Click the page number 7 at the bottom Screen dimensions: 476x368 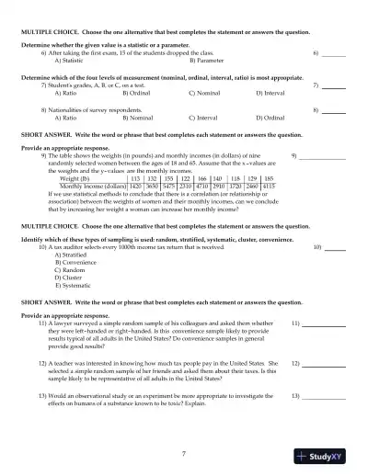tap(183, 453)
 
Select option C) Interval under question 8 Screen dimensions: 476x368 tap(204, 118)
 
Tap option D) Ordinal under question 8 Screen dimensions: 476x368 tap(274, 118)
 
